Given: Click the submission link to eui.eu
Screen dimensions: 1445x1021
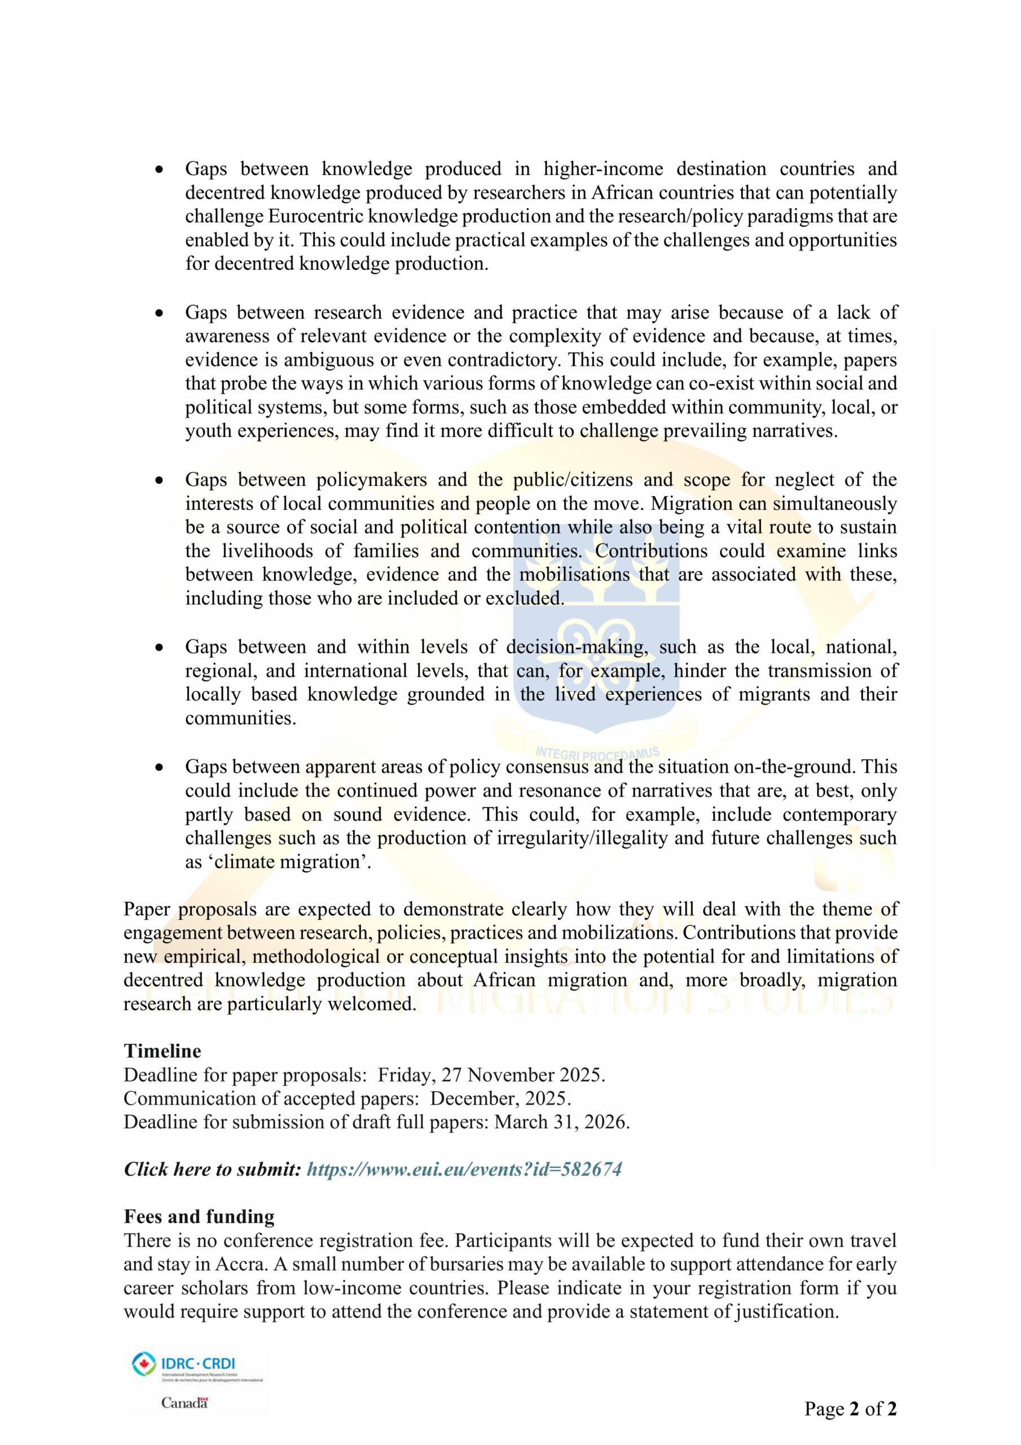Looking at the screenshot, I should pyautogui.click(x=464, y=1170).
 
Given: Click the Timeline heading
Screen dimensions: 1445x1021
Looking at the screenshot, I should pyautogui.click(x=162, y=1051).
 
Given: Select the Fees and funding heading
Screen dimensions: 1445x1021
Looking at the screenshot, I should pyautogui.click(x=199, y=1216).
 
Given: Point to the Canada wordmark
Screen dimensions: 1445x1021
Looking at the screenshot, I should pyautogui.click(x=184, y=1403).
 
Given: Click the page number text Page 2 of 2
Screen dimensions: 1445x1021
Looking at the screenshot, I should pyautogui.click(x=850, y=1408).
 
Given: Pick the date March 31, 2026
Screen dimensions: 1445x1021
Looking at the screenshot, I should pyautogui.click(x=561, y=1122).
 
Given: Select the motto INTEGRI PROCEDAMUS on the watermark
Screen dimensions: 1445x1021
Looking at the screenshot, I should pyautogui.click(x=597, y=752).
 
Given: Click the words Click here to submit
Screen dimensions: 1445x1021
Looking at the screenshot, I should pyautogui.click(x=213, y=1170).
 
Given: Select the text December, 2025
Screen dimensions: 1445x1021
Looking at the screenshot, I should pyautogui.click(x=501, y=1098).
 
